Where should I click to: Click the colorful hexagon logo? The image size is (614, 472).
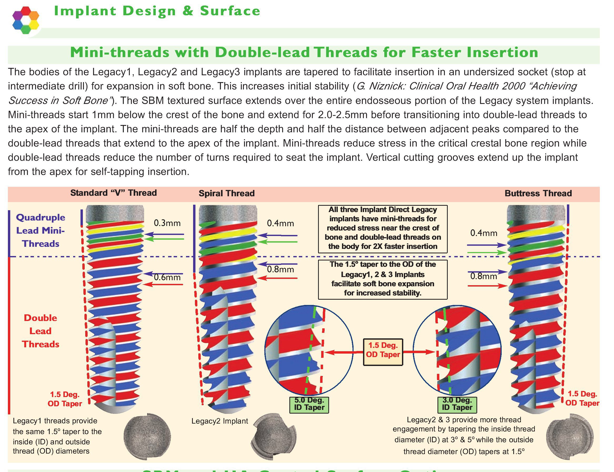click(x=26, y=20)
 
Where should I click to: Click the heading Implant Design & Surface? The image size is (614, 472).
click(x=157, y=11)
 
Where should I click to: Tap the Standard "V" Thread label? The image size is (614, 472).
click(x=113, y=193)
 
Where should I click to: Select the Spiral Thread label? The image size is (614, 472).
click(x=227, y=193)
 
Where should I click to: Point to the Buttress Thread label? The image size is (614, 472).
click(x=538, y=193)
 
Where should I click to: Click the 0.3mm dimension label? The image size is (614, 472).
click(x=167, y=223)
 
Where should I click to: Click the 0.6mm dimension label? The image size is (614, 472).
click(x=167, y=277)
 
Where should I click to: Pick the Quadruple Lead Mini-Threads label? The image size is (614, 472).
click(x=41, y=230)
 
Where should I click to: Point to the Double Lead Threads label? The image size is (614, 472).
click(x=41, y=331)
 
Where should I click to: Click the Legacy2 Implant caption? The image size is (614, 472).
click(x=220, y=421)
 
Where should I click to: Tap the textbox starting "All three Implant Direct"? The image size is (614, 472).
click(x=383, y=228)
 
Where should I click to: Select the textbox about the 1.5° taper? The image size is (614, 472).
click(x=383, y=279)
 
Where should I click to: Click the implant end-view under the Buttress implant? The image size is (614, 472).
click(x=569, y=437)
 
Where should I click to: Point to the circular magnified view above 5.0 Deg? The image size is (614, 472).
click(x=309, y=350)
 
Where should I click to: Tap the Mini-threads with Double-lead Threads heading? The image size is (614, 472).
click(x=304, y=53)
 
